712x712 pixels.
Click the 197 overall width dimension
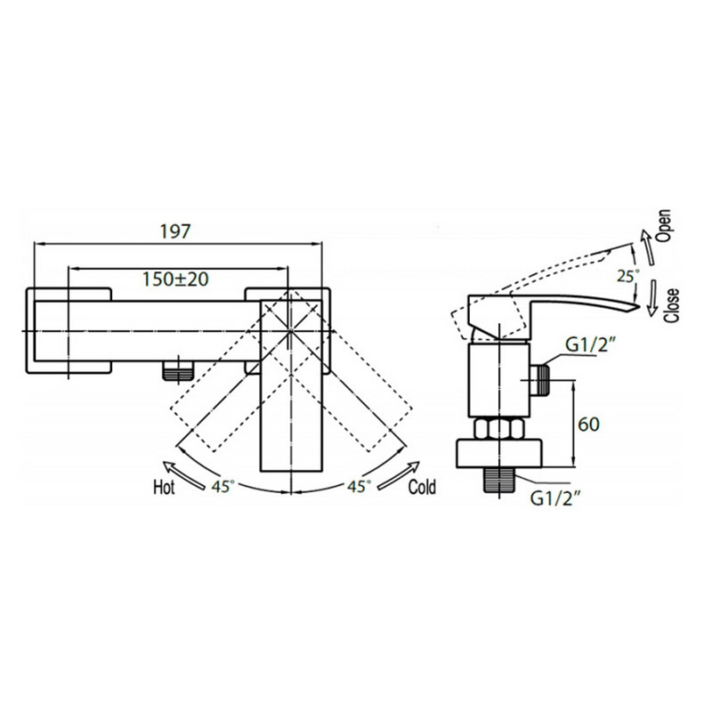[x=174, y=232]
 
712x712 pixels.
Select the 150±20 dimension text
[x=175, y=279]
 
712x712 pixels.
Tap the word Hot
[x=164, y=488]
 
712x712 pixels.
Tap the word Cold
[x=422, y=487]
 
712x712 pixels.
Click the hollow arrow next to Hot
[x=184, y=475]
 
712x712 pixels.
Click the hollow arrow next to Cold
[x=399, y=475]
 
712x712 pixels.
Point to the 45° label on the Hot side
[x=223, y=486]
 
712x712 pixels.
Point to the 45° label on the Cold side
[x=360, y=486]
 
